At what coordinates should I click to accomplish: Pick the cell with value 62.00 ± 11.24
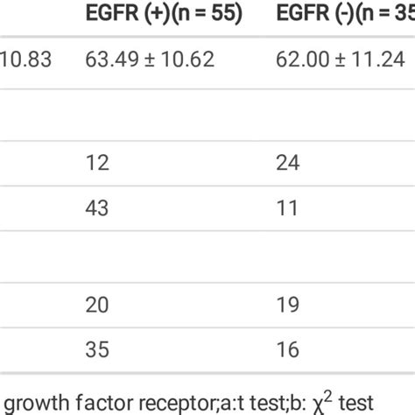click(x=341, y=60)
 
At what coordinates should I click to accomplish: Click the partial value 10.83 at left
click(x=26, y=60)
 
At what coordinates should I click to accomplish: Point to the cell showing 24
click(x=287, y=162)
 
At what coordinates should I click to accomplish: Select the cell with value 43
click(x=97, y=207)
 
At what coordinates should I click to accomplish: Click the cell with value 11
click(x=285, y=207)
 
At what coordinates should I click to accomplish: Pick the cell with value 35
click(x=97, y=348)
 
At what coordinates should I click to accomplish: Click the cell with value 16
click(x=286, y=348)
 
